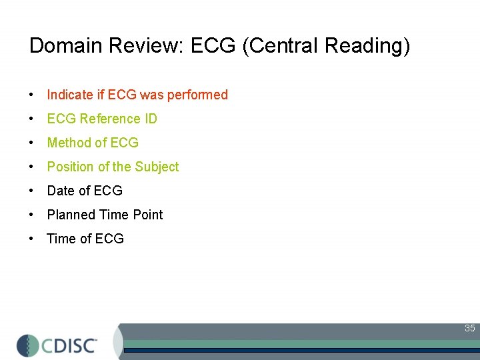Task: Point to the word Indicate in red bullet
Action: coord(69,95)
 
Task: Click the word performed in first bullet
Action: coord(197,95)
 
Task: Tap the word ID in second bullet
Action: coord(151,119)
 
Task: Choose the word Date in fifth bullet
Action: coord(61,191)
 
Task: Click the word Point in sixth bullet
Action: coord(148,215)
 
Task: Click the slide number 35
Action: coord(470,328)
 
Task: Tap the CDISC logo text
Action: coord(70,345)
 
